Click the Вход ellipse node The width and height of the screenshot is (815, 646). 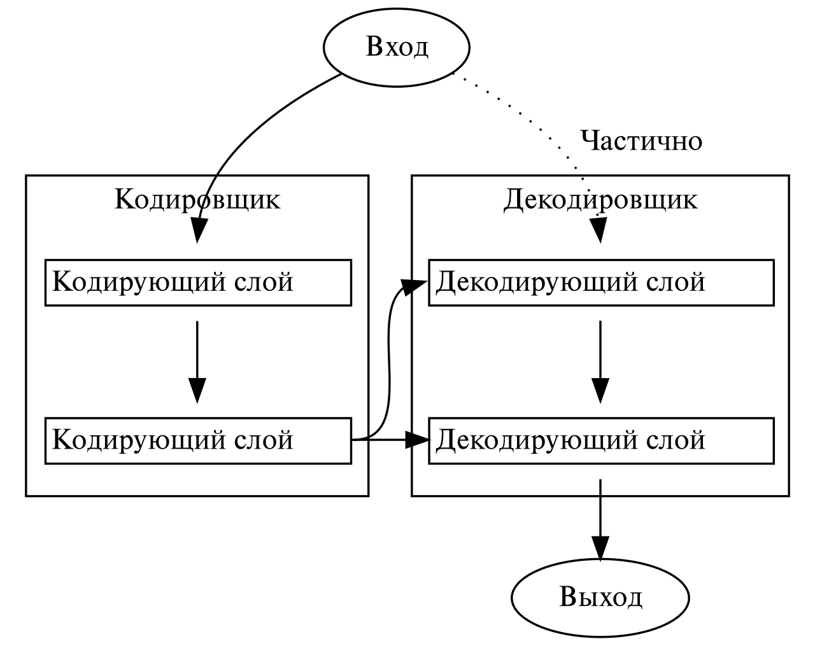tap(396, 47)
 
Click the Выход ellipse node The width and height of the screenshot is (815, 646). tap(600, 597)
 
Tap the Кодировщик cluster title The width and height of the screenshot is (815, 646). tap(197, 200)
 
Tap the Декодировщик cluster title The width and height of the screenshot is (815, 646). tap(600, 200)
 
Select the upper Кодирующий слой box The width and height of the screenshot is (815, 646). tap(197, 282)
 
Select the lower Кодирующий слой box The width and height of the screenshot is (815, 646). tap(197, 440)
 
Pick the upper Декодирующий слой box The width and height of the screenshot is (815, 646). tap(600, 282)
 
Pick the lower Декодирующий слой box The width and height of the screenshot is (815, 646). tap(600, 440)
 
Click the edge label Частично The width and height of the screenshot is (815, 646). tap(641, 141)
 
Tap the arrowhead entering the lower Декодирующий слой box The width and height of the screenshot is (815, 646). tap(418, 440)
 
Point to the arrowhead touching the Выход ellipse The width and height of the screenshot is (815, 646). tap(600, 547)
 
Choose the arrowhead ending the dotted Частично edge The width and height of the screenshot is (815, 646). tap(599, 230)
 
